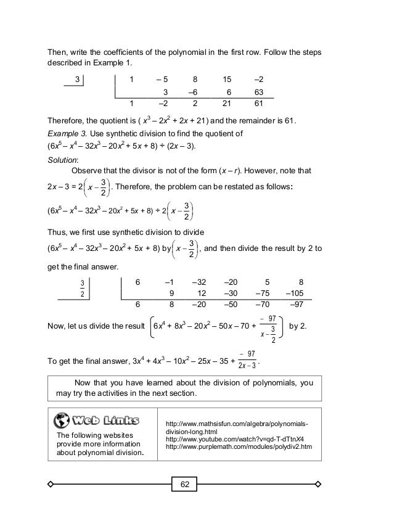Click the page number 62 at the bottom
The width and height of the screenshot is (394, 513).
point(184,485)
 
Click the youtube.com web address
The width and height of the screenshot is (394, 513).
point(234,439)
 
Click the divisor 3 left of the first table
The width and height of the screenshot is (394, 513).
point(77,79)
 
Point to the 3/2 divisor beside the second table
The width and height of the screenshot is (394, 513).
point(82,287)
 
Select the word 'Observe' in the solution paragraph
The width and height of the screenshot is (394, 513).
point(88,171)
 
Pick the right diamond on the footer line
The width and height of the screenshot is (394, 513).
point(319,484)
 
